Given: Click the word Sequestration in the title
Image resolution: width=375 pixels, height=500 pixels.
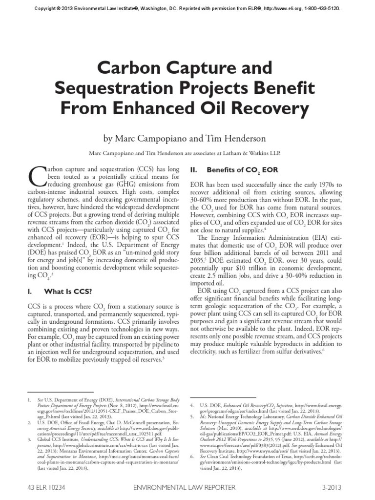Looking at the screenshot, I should pos(108,89).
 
